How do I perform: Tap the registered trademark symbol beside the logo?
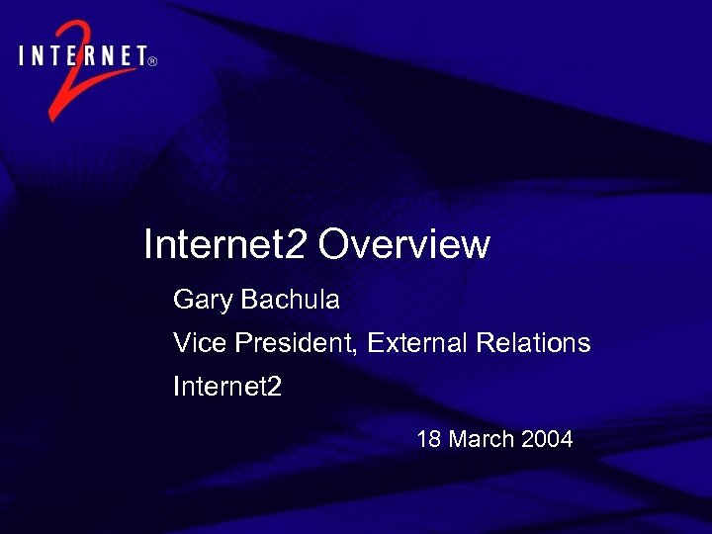click(152, 61)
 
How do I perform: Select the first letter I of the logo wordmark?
click(23, 56)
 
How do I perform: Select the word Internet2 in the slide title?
click(226, 244)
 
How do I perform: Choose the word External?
click(418, 343)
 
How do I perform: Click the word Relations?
click(533, 343)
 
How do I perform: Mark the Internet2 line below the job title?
click(227, 387)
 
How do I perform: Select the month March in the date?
click(482, 439)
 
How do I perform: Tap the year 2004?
click(547, 439)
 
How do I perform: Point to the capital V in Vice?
click(181, 343)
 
